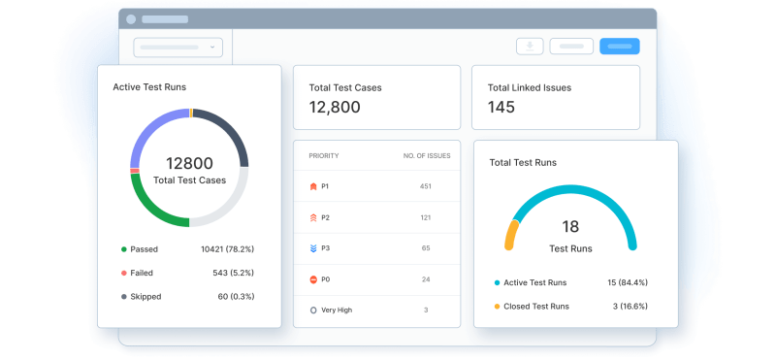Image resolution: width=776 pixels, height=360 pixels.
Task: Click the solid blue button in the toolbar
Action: point(620,46)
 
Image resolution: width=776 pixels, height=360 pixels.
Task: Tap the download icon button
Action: point(530,46)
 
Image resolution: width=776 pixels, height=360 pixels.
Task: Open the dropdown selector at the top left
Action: point(178,47)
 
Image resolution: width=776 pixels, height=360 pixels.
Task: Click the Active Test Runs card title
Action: point(149,87)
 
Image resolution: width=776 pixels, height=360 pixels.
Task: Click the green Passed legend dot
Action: point(123,249)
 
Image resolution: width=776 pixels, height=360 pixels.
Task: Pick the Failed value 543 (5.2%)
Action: point(234,273)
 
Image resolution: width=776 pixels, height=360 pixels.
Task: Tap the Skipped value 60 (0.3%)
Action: point(237,296)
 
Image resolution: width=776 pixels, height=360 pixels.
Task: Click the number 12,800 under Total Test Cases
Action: point(335,108)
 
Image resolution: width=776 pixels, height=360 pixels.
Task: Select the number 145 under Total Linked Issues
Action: point(501,108)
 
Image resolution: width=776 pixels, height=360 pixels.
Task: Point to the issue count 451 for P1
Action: point(425,186)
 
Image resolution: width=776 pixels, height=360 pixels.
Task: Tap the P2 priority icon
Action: point(312,217)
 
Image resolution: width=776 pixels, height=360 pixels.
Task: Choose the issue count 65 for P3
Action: point(426,248)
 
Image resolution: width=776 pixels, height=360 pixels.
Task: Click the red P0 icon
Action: point(312,279)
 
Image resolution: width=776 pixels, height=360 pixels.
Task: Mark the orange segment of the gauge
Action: point(510,235)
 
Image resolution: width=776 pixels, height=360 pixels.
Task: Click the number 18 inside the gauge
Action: point(570,226)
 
